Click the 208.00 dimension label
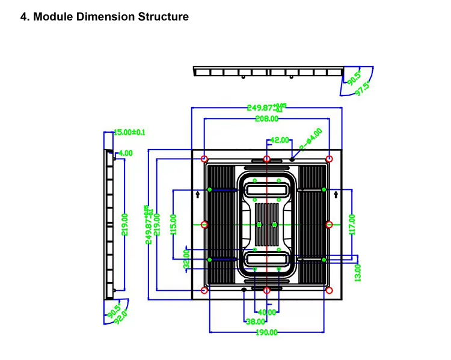point(266,119)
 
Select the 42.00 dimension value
point(280,140)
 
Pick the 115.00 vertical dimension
point(173,225)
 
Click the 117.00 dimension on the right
point(352,225)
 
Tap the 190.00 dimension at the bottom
point(266,332)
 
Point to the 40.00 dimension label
point(266,313)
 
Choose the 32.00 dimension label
point(186,259)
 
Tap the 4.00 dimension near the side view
point(126,153)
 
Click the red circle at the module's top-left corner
point(204,159)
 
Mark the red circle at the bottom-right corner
point(329,290)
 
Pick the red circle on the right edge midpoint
point(329,225)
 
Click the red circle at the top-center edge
point(266,159)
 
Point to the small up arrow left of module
point(198,195)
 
